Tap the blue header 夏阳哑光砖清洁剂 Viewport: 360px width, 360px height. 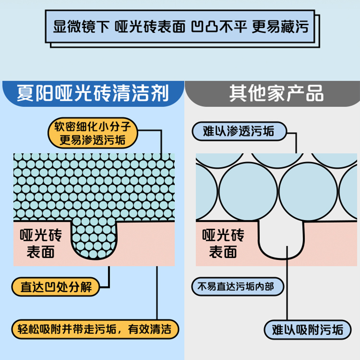tap(92, 93)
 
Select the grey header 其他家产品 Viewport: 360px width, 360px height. tap(276, 93)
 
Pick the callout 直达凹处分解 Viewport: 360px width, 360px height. tap(56, 286)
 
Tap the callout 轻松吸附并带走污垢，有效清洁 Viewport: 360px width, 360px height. tap(94, 328)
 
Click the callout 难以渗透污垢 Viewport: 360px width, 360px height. tap(238, 131)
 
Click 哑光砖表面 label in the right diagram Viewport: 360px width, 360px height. tap(223, 243)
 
